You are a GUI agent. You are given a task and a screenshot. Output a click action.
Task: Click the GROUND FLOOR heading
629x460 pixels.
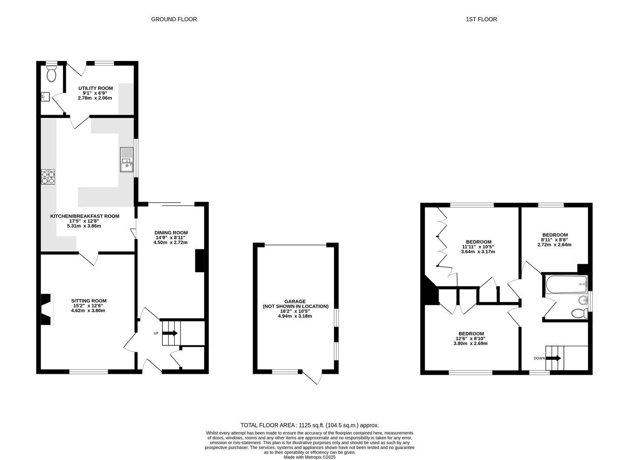[174, 20]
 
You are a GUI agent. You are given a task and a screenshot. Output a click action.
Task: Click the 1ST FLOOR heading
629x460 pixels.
[481, 20]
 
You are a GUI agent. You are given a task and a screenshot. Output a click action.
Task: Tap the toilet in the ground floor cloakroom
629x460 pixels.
[51, 74]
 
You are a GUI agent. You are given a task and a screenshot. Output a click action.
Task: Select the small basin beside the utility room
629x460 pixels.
[46, 96]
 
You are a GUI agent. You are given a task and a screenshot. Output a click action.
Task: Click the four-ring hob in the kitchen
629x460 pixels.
[48, 177]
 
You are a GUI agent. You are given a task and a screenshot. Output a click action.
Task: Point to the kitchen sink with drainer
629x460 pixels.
[127, 159]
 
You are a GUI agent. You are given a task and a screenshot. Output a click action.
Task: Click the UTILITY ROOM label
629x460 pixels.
[96, 88]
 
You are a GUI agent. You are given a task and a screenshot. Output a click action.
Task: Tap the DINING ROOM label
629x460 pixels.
[171, 233]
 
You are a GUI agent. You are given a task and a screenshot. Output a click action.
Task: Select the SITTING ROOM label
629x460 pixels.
[89, 301]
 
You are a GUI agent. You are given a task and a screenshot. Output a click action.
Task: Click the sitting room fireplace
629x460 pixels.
[48, 309]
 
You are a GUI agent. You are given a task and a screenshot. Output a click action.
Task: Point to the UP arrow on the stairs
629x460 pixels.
[170, 333]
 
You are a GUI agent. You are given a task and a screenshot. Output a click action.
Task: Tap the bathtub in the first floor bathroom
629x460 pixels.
[566, 284]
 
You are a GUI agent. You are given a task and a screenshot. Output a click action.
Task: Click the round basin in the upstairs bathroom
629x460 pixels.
[583, 301]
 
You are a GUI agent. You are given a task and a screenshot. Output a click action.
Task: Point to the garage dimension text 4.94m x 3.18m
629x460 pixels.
[295, 316]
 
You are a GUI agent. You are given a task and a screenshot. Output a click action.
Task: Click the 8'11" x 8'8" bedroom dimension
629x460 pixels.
[554, 240]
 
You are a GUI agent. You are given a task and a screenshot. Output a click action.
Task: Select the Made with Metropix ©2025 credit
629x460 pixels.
[310, 457]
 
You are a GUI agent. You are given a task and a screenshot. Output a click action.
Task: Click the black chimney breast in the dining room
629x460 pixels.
[200, 261]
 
